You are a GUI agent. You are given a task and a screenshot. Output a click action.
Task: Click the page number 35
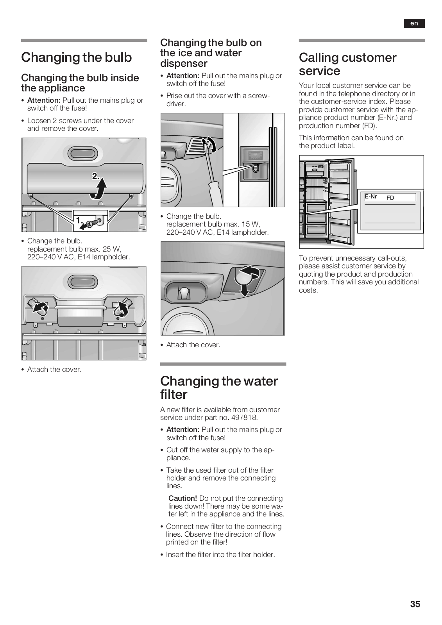click(415, 604)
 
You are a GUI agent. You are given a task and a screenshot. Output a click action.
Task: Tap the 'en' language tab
click(414, 23)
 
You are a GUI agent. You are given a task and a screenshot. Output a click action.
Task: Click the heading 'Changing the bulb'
click(77, 57)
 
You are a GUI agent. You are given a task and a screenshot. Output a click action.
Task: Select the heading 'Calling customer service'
click(347, 64)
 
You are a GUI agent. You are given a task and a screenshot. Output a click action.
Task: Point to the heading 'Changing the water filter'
click(219, 387)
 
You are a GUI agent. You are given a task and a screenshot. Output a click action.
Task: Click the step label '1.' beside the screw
click(79, 220)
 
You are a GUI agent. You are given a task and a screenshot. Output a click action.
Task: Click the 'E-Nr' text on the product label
click(370, 196)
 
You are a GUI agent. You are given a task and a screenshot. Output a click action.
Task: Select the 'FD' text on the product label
click(390, 198)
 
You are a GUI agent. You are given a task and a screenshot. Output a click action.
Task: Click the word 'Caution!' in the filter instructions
click(183, 498)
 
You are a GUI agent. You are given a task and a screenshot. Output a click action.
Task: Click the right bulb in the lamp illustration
click(123, 307)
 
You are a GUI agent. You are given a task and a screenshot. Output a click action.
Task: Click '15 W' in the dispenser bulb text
click(251, 224)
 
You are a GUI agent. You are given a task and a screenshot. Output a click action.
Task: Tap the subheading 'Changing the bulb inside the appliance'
click(80, 83)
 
